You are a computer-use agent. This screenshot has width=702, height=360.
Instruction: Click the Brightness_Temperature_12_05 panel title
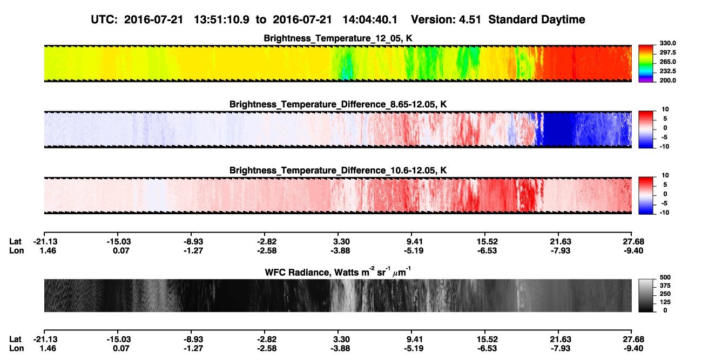(338, 38)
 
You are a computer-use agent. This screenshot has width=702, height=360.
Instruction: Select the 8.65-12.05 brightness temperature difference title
(338, 104)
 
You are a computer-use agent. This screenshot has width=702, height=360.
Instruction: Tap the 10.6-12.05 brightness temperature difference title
(338, 171)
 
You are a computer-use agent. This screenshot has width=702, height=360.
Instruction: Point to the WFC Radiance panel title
(338, 272)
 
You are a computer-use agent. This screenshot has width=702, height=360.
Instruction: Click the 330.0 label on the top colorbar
(667, 43)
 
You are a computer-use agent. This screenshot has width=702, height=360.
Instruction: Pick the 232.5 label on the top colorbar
(667, 71)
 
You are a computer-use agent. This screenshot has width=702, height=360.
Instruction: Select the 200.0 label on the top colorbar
(667, 80)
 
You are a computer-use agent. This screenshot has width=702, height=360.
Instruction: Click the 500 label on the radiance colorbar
(665, 277)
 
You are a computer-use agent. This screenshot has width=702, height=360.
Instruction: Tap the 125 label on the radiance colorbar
(665, 302)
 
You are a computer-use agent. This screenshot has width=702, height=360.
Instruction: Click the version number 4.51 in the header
(470, 20)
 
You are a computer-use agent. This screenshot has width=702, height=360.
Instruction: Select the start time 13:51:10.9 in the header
(221, 20)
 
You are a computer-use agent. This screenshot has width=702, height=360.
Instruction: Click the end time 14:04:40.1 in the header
(370, 20)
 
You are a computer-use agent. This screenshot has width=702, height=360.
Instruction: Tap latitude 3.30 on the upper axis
(341, 242)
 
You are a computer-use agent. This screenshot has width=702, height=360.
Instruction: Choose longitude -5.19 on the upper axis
(414, 250)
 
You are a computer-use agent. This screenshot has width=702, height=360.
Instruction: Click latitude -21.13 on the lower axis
(45, 339)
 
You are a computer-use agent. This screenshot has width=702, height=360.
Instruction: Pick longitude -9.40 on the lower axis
(633, 349)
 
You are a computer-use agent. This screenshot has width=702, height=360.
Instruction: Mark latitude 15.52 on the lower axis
(487, 339)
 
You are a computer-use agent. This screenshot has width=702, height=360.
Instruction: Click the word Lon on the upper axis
(16, 250)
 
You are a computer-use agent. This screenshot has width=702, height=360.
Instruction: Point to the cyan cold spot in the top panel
(346, 72)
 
